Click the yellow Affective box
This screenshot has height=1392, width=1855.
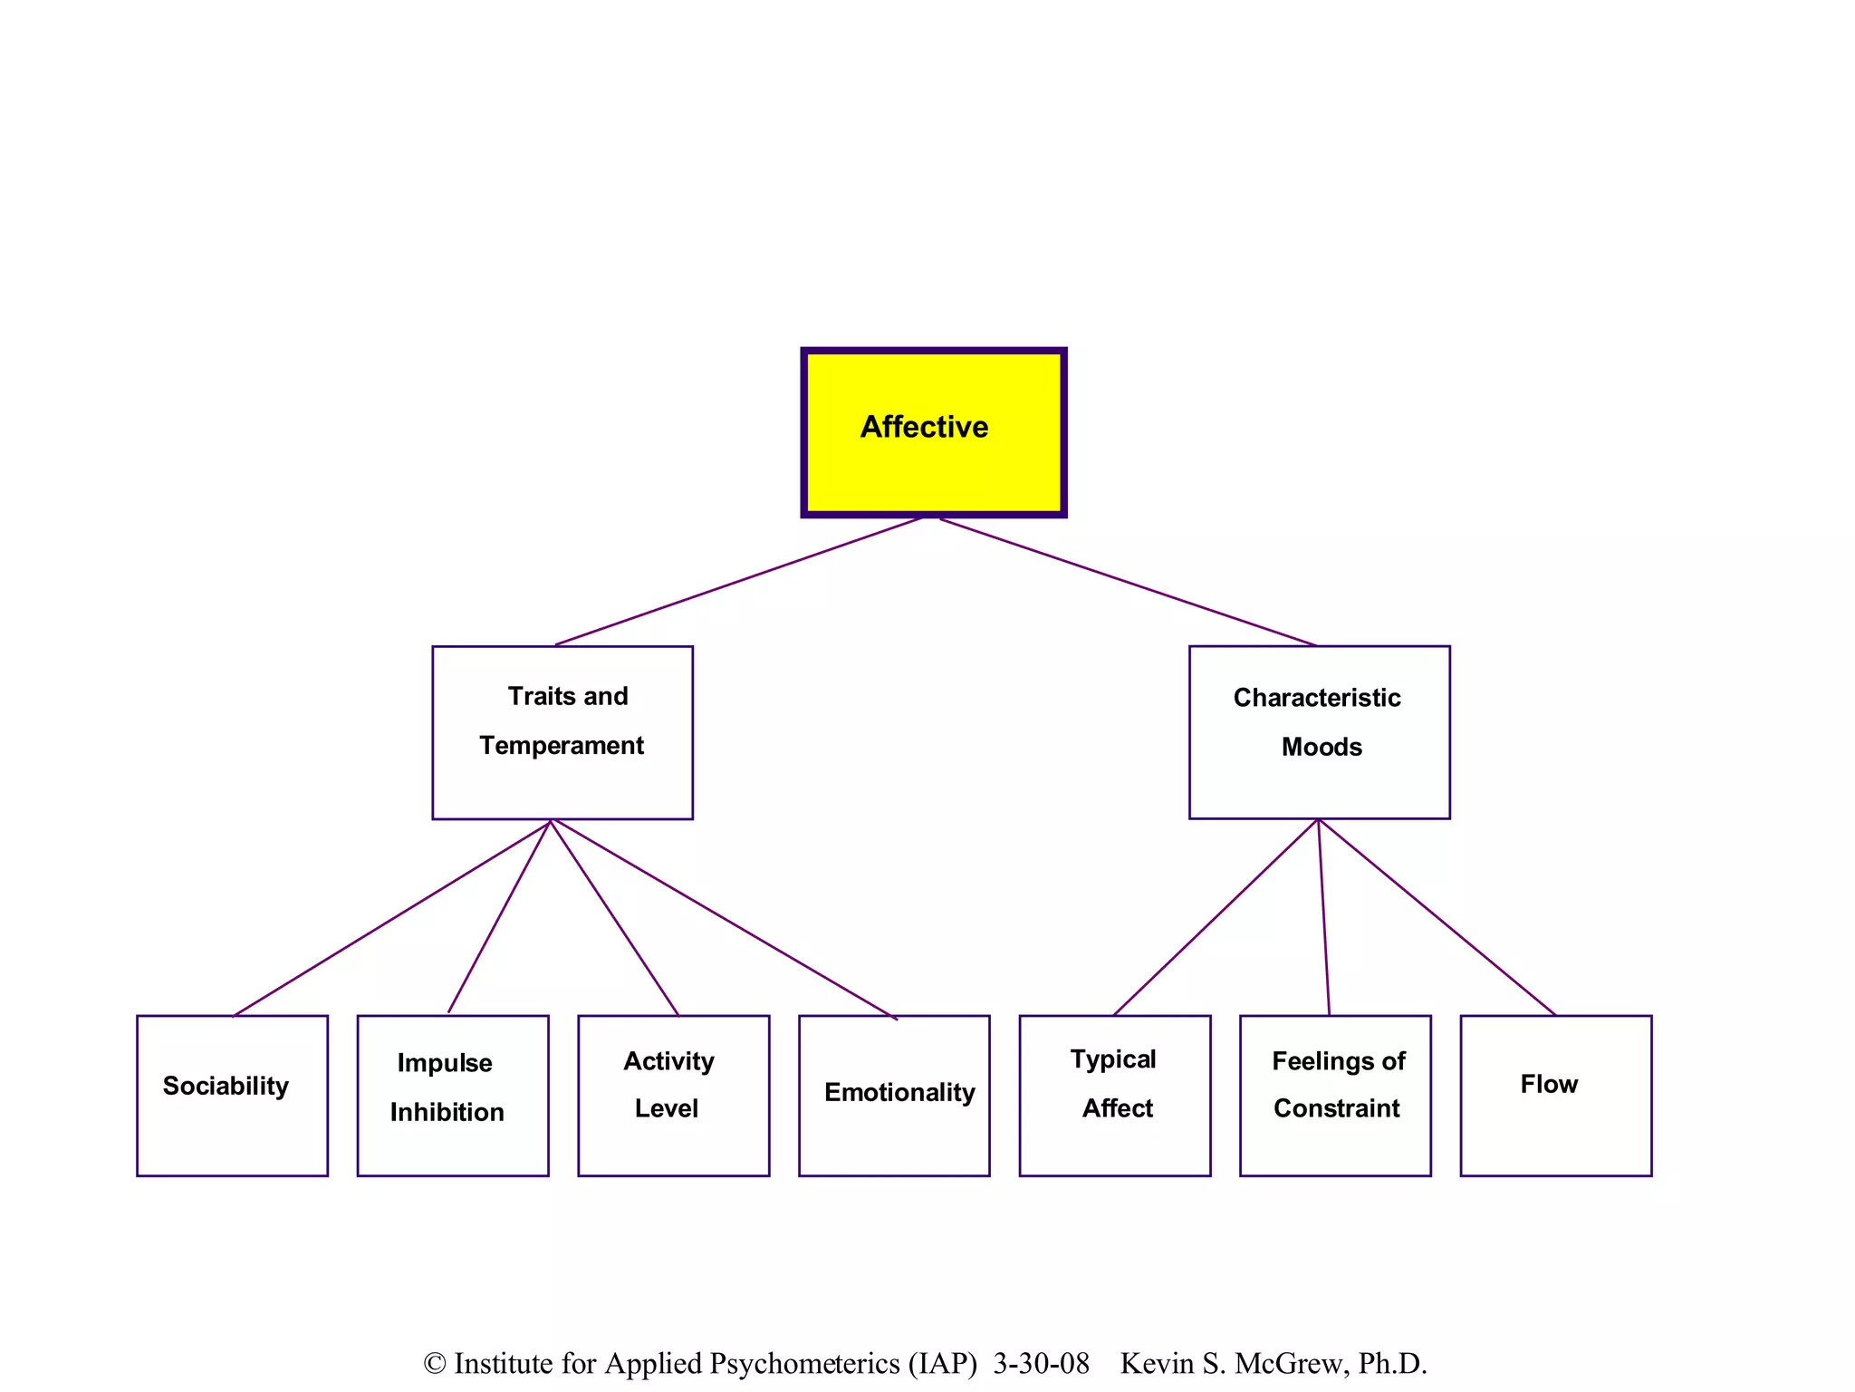coord(933,432)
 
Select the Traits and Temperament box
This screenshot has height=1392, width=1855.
coord(562,732)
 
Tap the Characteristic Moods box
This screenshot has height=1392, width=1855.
coord(1319,732)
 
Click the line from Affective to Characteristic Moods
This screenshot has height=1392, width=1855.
coord(1128,582)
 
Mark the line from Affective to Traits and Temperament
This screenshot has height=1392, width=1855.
coord(739,581)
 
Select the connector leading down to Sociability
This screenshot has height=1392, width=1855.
coord(391,918)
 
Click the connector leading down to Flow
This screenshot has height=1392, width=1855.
coord(1437,916)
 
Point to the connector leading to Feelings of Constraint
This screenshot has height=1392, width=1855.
coord(1324,916)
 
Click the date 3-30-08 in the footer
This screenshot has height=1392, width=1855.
coord(1041,1363)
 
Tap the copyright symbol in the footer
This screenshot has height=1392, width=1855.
coord(435,1364)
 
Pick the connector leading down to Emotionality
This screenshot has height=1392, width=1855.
coord(723,919)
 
